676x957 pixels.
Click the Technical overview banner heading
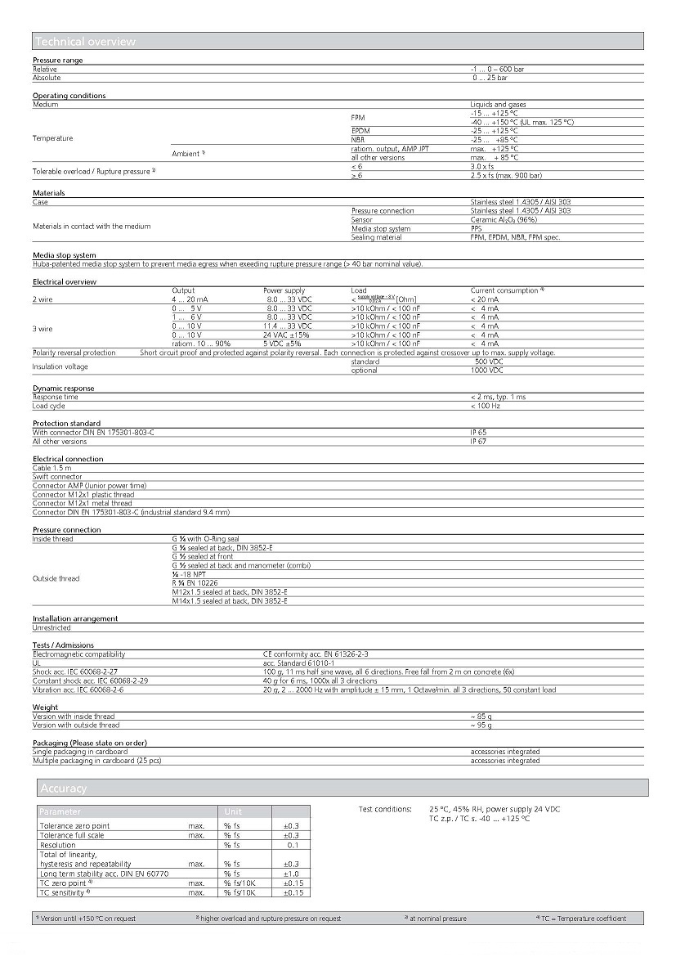(85, 42)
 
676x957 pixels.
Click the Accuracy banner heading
(64, 789)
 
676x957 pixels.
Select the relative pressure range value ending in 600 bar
(497, 70)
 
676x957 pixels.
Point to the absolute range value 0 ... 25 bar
(490, 78)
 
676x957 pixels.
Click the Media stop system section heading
(64, 255)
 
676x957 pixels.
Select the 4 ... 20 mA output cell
(190, 299)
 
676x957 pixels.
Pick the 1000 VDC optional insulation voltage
(488, 371)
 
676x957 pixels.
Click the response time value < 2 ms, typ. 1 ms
(498, 397)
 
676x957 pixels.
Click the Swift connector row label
(57, 477)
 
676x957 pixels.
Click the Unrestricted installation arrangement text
(51, 627)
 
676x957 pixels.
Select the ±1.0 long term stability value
(291, 874)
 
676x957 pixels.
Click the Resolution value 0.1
(293, 845)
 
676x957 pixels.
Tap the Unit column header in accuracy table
(232, 812)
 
